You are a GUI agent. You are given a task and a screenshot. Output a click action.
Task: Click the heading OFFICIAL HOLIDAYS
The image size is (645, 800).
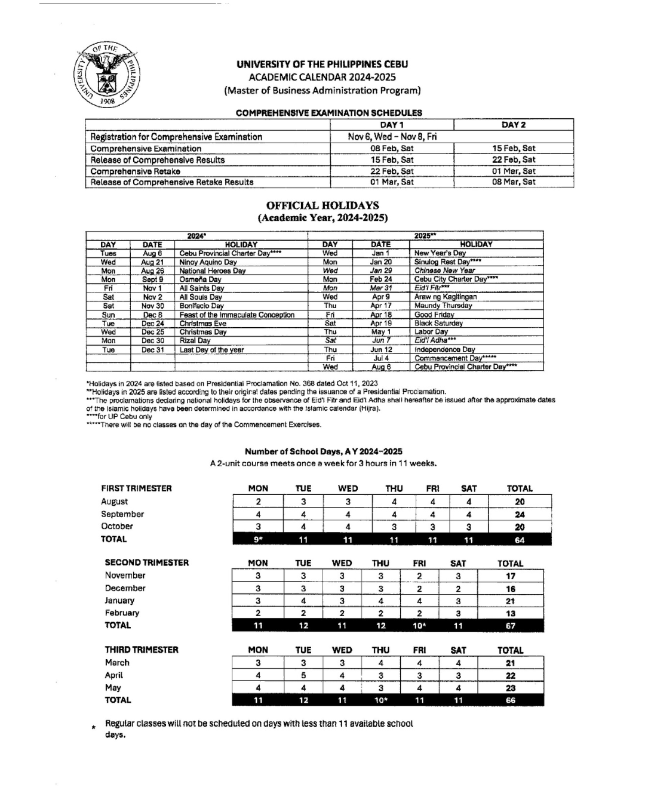[322, 205]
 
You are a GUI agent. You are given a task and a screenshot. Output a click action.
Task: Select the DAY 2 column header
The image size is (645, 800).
[514, 125]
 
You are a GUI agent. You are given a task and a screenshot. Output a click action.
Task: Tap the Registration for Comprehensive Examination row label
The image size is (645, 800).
[176, 137]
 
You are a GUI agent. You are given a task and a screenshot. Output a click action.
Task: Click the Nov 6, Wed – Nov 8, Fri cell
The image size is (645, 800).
[392, 137]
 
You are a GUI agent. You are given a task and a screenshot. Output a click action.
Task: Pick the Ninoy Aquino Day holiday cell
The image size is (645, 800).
[208, 262]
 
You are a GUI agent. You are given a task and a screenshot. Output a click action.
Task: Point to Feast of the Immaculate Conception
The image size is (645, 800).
[237, 315]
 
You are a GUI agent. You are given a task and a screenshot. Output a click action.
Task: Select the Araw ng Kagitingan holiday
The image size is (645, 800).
[446, 297]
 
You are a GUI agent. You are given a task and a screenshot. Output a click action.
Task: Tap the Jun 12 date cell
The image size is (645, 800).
[381, 349]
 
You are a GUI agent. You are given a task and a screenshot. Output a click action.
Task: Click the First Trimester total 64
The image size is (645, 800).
[520, 540]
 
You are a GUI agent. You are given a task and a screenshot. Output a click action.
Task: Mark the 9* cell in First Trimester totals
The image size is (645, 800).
[258, 540]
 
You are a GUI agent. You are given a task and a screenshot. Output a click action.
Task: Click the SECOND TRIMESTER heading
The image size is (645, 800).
[146, 562]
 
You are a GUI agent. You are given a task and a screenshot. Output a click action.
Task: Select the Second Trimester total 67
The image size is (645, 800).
[510, 626]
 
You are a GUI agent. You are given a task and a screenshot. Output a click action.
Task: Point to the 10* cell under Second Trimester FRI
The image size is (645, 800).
[419, 626]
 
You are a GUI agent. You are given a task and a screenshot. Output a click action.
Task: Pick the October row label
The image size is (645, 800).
[117, 526]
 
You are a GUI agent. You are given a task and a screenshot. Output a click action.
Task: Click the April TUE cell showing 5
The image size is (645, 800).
[303, 676]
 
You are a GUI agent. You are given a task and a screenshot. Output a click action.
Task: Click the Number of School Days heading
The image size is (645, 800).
[323, 451]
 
